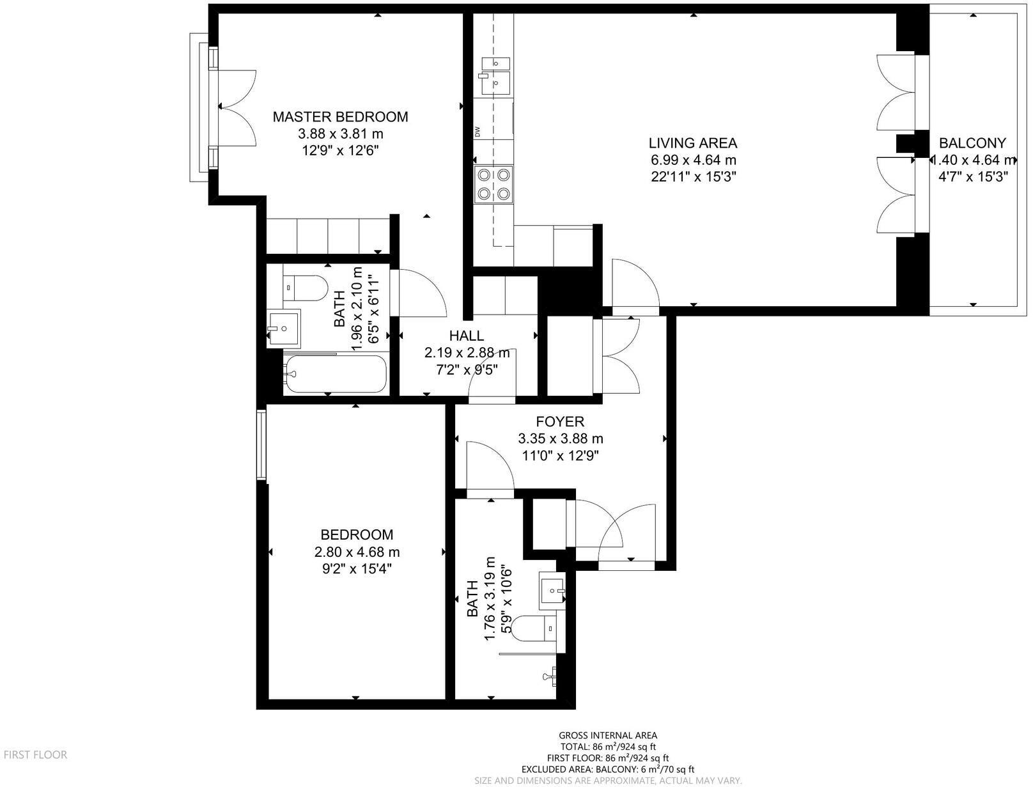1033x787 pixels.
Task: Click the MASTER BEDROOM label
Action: tap(340, 117)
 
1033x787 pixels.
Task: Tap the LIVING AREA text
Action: tap(693, 143)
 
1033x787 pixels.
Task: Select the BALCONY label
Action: tap(972, 143)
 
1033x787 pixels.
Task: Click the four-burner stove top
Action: tap(494, 183)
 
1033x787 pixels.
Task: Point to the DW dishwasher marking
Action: tap(478, 132)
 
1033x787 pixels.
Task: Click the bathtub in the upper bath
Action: tap(336, 373)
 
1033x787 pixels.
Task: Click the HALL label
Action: tap(467, 336)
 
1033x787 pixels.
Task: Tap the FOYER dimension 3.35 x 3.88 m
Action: tap(560, 439)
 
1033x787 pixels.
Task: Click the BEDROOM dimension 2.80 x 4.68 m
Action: tap(357, 552)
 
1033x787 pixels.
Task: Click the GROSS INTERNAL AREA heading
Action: tap(607, 735)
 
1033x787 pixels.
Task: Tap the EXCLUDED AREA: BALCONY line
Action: tap(607, 770)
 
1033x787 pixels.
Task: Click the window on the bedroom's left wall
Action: tap(261, 444)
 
